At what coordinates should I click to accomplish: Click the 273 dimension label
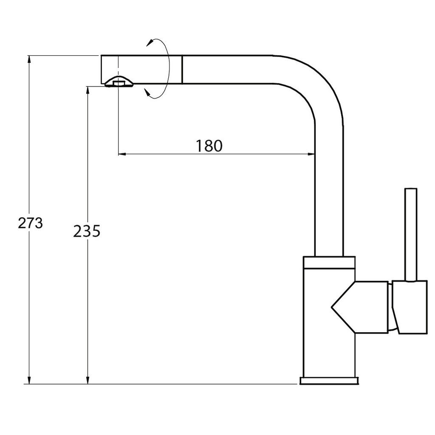(31, 223)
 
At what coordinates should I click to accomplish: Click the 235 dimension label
(87, 231)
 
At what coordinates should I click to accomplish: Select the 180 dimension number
(209, 146)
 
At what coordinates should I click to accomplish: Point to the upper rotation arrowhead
(151, 42)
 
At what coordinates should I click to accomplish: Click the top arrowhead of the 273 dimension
(29, 59)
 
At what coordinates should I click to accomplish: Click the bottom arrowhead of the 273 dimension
(29, 380)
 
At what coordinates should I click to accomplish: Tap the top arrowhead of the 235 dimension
(88, 90)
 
